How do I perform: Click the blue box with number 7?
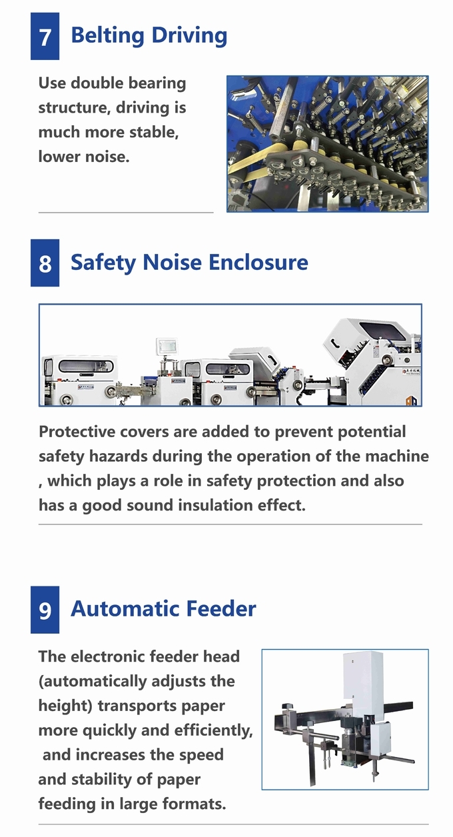45,36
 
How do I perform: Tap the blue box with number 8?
45,263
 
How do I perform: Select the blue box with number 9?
45,610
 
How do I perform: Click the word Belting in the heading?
107,36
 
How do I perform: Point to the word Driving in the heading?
189,36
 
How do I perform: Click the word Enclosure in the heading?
258,262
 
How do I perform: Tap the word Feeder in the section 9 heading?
221,608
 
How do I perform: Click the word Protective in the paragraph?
77,432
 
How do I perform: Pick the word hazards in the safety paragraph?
119,456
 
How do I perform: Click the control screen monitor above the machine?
167,345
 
